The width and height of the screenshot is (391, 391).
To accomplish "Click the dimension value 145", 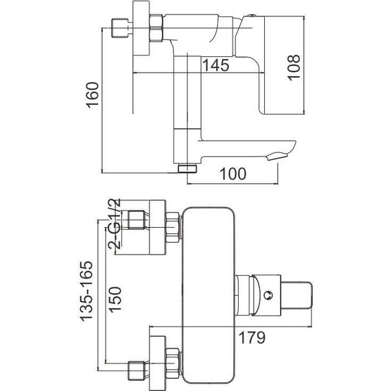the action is pyautogui.click(x=215, y=65).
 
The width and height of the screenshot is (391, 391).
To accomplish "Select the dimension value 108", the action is pyautogui.click(x=294, y=67).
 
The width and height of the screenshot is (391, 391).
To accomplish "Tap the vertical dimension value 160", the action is pyautogui.click(x=93, y=95).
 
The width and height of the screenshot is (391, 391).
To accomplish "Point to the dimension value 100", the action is pyautogui.click(x=233, y=174).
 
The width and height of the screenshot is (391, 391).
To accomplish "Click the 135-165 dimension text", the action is pyautogui.click(x=86, y=291).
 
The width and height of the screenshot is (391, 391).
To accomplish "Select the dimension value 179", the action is pyautogui.click(x=252, y=337).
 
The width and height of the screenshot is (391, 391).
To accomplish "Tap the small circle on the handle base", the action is pyautogui.click(x=268, y=295).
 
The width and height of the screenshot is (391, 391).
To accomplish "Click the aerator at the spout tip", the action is pyautogui.click(x=277, y=157).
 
